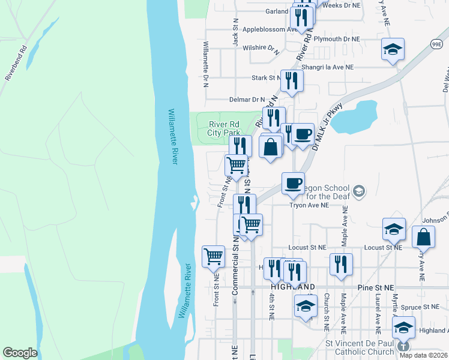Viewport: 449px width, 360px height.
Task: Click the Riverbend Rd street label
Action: pyautogui.click(x=16, y=62)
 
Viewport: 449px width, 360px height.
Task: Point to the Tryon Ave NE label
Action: pyautogui.click(x=309, y=205)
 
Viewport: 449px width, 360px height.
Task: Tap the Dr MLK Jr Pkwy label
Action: pyautogui.click(x=327, y=127)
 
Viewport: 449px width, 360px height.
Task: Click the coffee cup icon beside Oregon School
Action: pyautogui.click(x=293, y=182)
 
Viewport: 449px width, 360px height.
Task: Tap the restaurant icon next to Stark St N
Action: pyautogui.click(x=292, y=80)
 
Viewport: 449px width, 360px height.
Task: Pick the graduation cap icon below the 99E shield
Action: pyautogui.click(x=393, y=49)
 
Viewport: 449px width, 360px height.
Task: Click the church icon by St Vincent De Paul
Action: pyautogui.click(x=404, y=346)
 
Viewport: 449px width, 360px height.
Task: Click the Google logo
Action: pyautogui.click(x=20, y=353)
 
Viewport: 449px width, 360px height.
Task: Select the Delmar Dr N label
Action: pyautogui.click(x=247, y=100)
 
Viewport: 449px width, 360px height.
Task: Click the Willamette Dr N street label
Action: pyautogui.click(x=205, y=65)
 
